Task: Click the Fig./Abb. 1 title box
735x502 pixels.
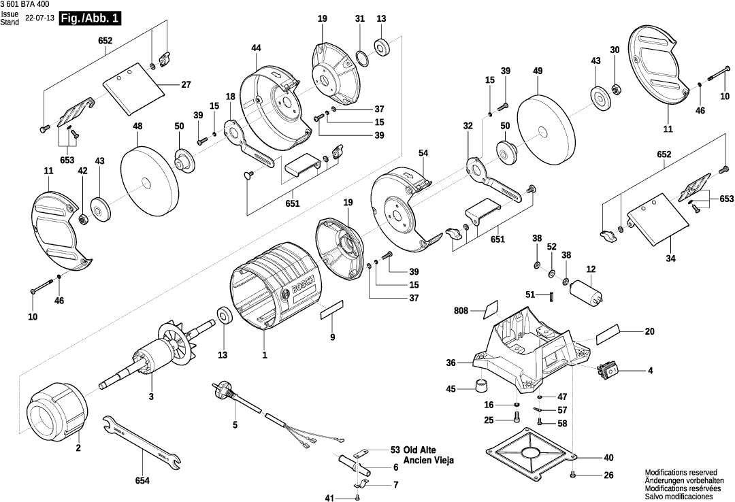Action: [89, 19]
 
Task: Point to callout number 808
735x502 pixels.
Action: [460, 312]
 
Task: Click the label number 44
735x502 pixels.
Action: [256, 48]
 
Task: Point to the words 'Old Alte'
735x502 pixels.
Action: [421, 450]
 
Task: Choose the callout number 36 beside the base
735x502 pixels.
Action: [450, 363]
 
